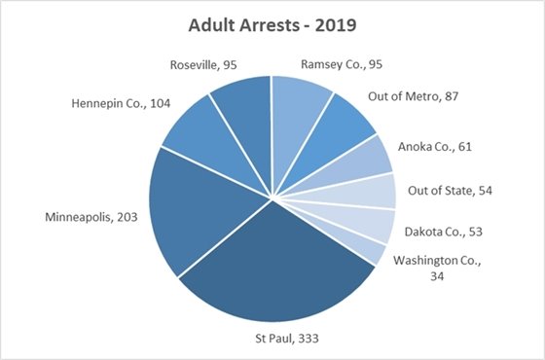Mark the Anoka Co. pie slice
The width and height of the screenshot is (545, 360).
(369, 162)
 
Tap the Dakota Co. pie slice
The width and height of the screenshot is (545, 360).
(374, 223)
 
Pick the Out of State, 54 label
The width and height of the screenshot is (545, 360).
(450, 190)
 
